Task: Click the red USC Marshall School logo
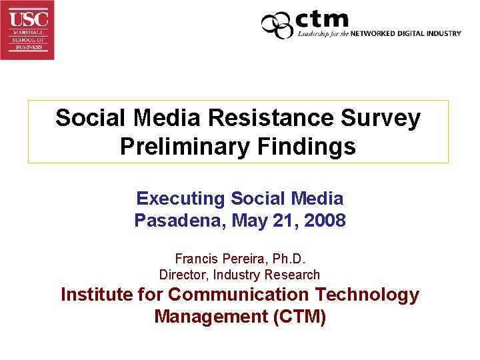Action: click(27, 30)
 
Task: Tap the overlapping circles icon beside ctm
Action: click(277, 25)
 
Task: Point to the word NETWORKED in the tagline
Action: click(375, 33)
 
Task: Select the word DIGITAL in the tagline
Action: click(416, 33)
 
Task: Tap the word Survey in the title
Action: click(385, 118)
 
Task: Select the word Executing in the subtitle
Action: click(181, 198)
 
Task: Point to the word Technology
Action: click(367, 294)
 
